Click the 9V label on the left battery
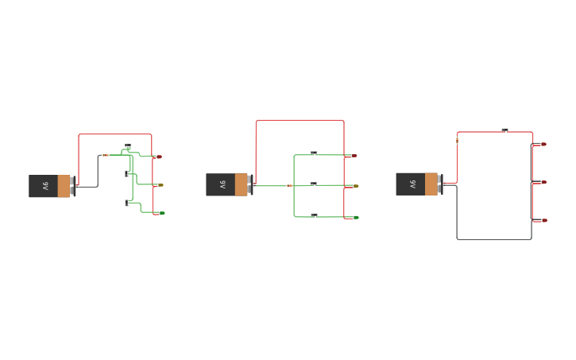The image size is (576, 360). click(x=45, y=186)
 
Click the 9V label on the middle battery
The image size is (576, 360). click(x=222, y=184)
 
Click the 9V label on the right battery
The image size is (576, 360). click(x=412, y=184)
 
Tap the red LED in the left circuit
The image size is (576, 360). click(x=159, y=157)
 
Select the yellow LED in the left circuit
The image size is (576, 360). click(x=160, y=185)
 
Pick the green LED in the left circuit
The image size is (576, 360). click(x=160, y=213)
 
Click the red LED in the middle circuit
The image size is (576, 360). click(x=353, y=156)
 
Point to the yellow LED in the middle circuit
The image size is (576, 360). click(x=354, y=186)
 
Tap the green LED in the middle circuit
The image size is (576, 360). click(x=354, y=217)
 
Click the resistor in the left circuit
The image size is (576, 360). click(x=106, y=155)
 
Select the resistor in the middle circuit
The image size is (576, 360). click(x=289, y=185)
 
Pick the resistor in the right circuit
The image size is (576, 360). click(x=457, y=141)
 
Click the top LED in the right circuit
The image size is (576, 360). click(x=543, y=144)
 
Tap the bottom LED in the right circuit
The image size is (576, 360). click(x=543, y=220)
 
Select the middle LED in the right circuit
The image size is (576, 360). click(x=543, y=182)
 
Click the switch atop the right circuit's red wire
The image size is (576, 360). click(x=504, y=130)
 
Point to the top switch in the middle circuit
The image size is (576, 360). click(x=314, y=153)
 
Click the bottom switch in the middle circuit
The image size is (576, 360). click(x=314, y=215)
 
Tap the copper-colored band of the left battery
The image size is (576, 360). click(x=64, y=186)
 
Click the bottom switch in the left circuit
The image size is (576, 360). click(x=127, y=203)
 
